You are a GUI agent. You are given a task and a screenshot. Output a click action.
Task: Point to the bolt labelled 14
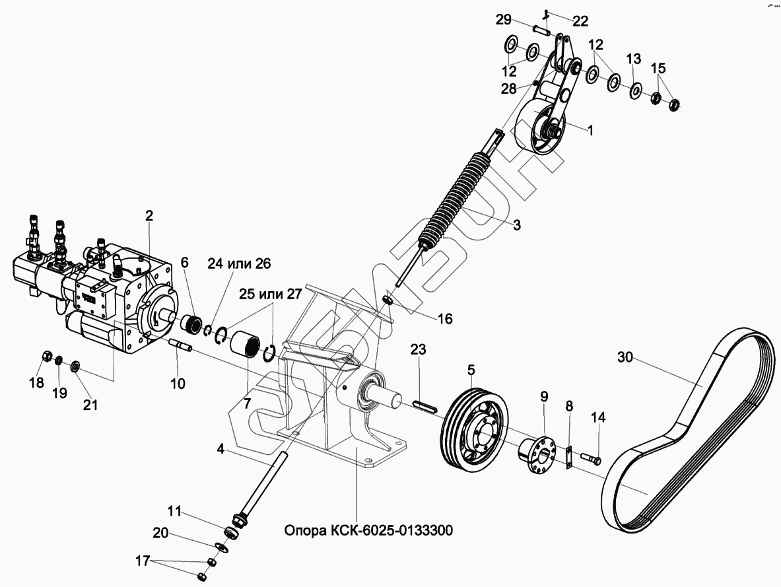click(591, 456)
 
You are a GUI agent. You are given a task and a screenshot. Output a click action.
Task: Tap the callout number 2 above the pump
click(149, 215)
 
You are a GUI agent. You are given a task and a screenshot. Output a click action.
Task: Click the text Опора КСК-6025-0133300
click(368, 531)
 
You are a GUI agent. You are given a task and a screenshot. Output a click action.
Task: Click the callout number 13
click(632, 59)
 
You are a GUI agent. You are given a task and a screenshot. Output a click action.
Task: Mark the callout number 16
click(445, 319)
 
